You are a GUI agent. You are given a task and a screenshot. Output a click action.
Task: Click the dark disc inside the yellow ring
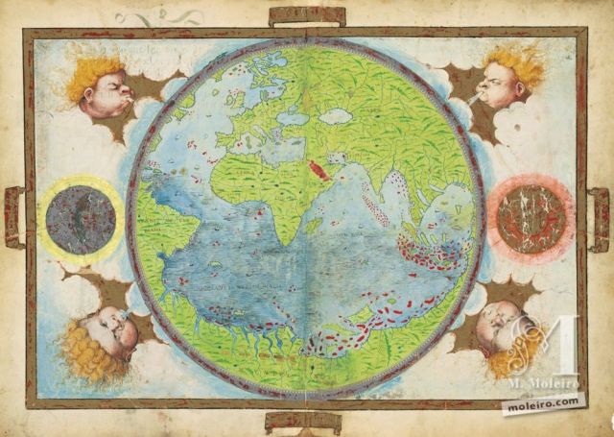[81, 220]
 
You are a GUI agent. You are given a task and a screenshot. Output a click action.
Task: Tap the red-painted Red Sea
[318, 170]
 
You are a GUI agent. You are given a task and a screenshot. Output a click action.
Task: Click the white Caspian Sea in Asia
[336, 116]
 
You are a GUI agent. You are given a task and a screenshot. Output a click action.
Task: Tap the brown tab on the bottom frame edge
[303, 420]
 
